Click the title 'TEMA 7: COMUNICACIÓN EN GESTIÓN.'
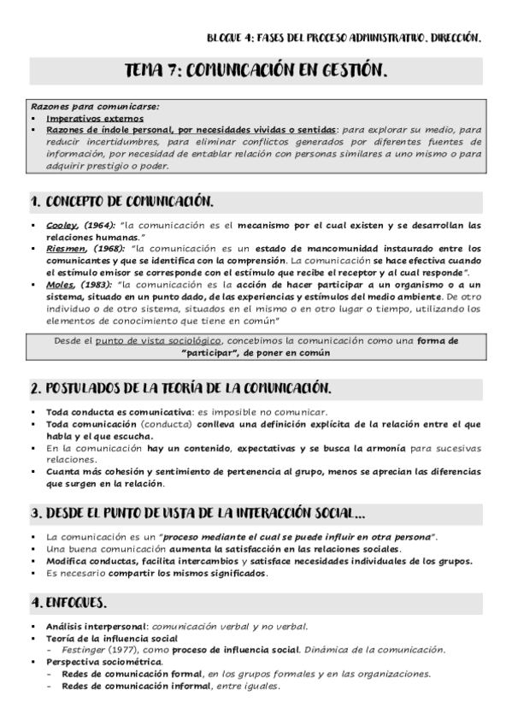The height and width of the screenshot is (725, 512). (256, 71)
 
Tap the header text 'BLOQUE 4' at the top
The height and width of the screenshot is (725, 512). (232, 38)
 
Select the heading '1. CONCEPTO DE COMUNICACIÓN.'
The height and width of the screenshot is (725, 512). (121, 202)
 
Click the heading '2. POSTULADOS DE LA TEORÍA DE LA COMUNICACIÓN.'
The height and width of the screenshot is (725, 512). (180, 388)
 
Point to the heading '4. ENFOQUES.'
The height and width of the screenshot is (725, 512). (68, 602)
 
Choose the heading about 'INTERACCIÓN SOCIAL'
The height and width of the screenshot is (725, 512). (198, 513)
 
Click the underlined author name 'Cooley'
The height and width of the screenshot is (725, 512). (62, 225)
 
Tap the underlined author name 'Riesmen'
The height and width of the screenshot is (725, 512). (65, 249)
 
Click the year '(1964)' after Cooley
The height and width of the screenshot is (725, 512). (99, 225)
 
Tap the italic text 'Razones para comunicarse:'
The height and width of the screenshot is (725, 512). (83, 108)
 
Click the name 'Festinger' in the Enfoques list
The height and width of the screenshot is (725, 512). (83, 649)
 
